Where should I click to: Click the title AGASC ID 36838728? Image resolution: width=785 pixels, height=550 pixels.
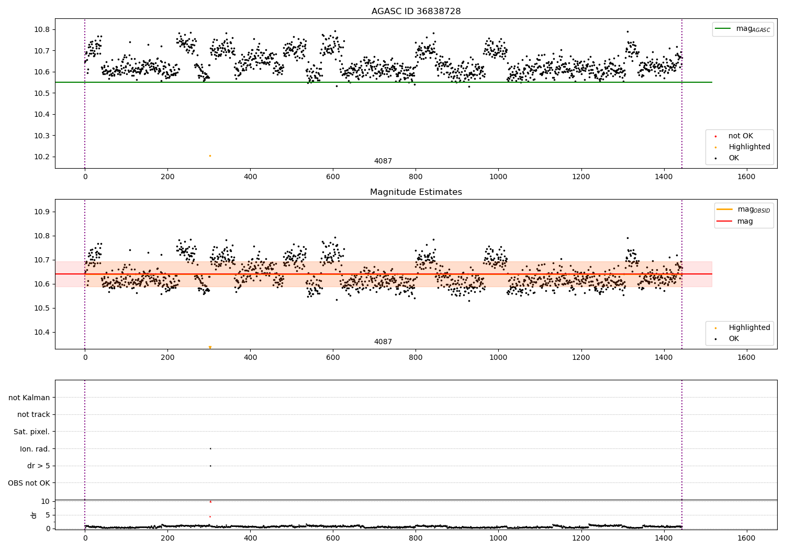(x=416, y=11)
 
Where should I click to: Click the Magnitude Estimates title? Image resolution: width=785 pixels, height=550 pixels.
(x=416, y=192)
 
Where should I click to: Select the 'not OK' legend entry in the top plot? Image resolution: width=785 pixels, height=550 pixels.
(x=740, y=136)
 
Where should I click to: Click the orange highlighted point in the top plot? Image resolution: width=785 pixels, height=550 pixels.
(x=210, y=156)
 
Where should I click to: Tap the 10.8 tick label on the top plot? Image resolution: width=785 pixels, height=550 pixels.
(x=41, y=29)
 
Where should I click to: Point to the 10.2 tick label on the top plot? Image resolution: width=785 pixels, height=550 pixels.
(x=41, y=157)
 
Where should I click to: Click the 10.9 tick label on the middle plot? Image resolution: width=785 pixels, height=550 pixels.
(x=41, y=212)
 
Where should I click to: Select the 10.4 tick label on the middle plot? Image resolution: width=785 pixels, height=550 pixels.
(x=41, y=332)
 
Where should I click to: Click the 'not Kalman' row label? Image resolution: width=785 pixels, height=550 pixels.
(x=29, y=398)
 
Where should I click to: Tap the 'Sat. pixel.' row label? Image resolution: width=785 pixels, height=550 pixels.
(x=31, y=432)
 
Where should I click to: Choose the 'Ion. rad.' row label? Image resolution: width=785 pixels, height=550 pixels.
(x=35, y=449)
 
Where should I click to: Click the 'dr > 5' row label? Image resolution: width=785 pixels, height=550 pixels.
(x=38, y=466)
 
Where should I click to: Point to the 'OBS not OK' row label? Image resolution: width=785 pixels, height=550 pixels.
(x=29, y=483)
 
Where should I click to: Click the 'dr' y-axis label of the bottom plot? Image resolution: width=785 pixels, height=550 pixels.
(x=34, y=515)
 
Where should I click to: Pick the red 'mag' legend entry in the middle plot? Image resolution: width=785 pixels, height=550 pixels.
(x=745, y=221)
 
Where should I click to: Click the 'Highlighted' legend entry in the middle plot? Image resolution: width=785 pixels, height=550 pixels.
(x=749, y=327)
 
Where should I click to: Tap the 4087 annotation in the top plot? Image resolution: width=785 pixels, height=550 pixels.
(x=383, y=161)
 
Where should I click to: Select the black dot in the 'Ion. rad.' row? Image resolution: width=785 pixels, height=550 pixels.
(x=210, y=448)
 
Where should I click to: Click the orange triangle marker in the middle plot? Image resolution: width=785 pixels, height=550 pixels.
(x=210, y=347)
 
